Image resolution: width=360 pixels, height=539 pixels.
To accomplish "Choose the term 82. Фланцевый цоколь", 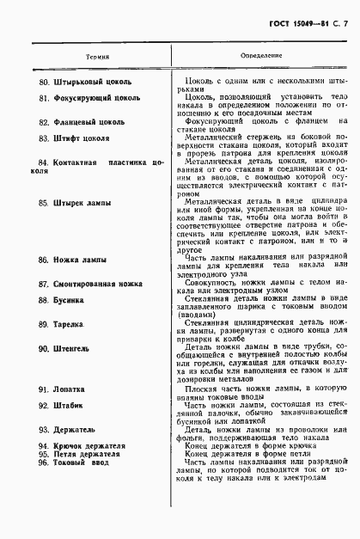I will [84, 123].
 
